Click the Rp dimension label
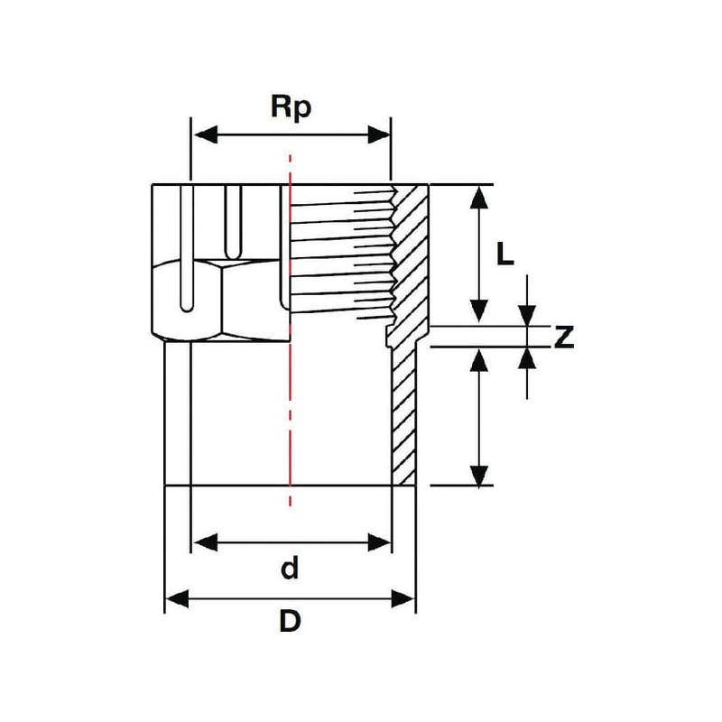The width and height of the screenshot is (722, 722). tap(291, 107)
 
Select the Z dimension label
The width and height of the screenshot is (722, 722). tap(564, 337)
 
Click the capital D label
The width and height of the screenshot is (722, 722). tap(290, 622)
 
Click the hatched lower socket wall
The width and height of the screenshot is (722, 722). tap(403, 415)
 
